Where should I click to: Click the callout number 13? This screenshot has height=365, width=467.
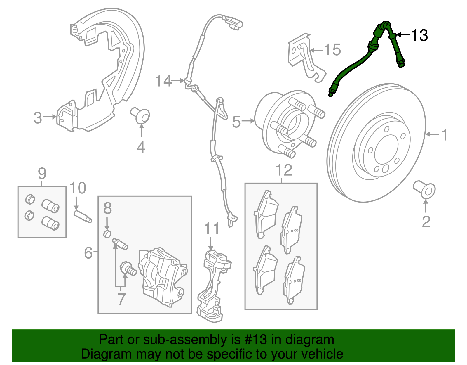pyautogui.click(x=419, y=35)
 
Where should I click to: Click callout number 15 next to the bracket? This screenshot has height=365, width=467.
pyautogui.click(x=332, y=50)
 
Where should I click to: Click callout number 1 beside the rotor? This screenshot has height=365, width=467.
pyautogui.click(x=444, y=135)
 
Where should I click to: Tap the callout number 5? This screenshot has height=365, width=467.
pyautogui.click(x=236, y=122)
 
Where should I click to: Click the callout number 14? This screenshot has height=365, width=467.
pyautogui.click(x=163, y=81)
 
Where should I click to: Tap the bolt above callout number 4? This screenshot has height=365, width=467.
pyautogui.click(x=141, y=115)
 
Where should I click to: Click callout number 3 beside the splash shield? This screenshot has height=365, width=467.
pyautogui.click(x=38, y=118)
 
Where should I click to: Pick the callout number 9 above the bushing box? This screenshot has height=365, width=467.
pyautogui.click(x=42, y=174)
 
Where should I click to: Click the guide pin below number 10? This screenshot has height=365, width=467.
pyautogui.click(x=83, y=217)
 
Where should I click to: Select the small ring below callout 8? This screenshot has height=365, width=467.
pyautogui.click(x=107, y=234)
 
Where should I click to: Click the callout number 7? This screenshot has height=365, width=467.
pyautogui.click(x=121, y=299)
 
